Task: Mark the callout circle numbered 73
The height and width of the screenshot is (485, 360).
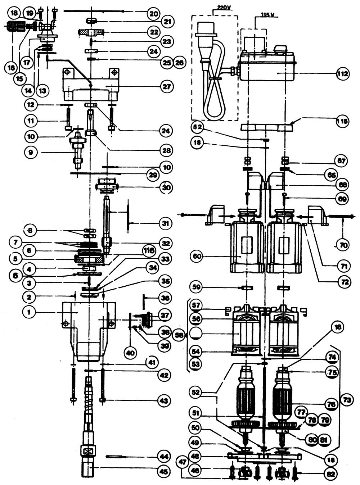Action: [x=347, y=400]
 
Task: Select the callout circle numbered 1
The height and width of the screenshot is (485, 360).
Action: [x=29, y=312]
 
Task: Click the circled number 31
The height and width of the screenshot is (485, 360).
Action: [x=166, y=223]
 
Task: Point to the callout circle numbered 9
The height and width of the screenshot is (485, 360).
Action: [x=31, y=153]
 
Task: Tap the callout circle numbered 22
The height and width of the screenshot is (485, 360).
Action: [x=154, y=32]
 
